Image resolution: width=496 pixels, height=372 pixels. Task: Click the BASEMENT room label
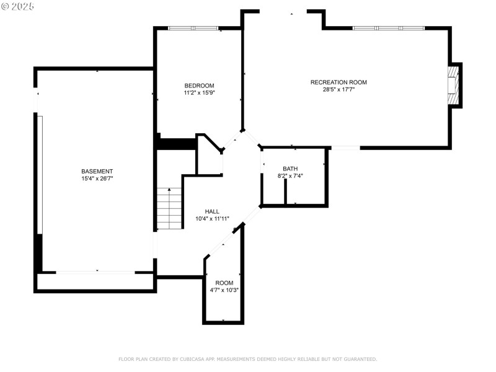(x=97, y=171)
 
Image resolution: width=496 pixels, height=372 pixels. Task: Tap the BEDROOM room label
(x=199, y=86)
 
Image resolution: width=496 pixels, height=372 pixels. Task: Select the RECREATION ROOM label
(x=339, y=82)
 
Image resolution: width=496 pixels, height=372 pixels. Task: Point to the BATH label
(x=290, y=169)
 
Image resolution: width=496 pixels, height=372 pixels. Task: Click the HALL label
(x=212, y=211)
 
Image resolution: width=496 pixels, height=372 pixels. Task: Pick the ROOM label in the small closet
(x=224, y=283)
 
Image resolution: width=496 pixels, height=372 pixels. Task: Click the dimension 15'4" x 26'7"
(x=97, y=179)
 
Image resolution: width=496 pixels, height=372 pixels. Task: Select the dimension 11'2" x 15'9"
(x=199, y=93)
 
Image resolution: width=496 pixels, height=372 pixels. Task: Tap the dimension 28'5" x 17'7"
(x=339, y=89)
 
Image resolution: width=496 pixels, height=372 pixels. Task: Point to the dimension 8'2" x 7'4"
(x=290, y=176)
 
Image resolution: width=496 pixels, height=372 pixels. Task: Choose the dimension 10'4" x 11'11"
(x=212, y=219)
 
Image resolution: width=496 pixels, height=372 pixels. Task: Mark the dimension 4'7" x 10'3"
(x=224, y=290)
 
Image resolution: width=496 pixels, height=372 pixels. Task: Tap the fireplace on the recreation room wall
(x=454, y=86)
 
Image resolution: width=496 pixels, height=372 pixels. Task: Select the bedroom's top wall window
(x=193, y=28)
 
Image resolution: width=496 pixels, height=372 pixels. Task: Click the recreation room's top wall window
(x=389, y=28)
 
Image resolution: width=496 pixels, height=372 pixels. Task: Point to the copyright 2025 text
(x=18, y=6)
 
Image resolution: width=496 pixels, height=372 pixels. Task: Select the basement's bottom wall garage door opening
(x=96, y=272)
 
